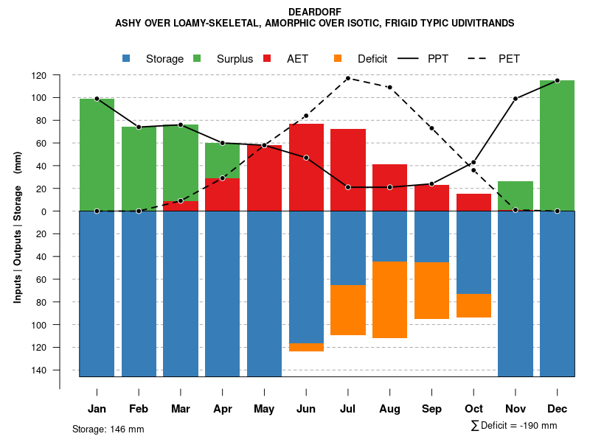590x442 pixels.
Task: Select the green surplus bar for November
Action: pyautogui.click(x=515, y=196)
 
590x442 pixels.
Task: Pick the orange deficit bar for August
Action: pyautogui.click(x=389, y=300)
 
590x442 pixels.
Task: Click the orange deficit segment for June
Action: pyautogui.click(x=306, y=347)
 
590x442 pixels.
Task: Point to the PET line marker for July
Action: pyautogui.click(x=348, y=78)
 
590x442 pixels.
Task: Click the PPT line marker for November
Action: pyautogui.click(x=516, y=99)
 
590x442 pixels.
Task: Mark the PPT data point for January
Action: pyautogui.click(x=97, y=99)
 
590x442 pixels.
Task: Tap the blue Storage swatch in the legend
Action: pyautogui.click(x=127, y=59)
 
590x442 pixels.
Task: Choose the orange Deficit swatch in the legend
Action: pyautogui.click(x=339, y=59)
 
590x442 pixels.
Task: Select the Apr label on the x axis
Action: pyautogui.click(x=223, y=409)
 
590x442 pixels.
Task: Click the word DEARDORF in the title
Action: pyautogui.click(x=314, y=13)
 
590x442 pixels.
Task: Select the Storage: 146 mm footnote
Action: pyautogui.click(x=108, y=429)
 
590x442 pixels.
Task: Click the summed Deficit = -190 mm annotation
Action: pyautogui.click(x=514, y=426)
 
